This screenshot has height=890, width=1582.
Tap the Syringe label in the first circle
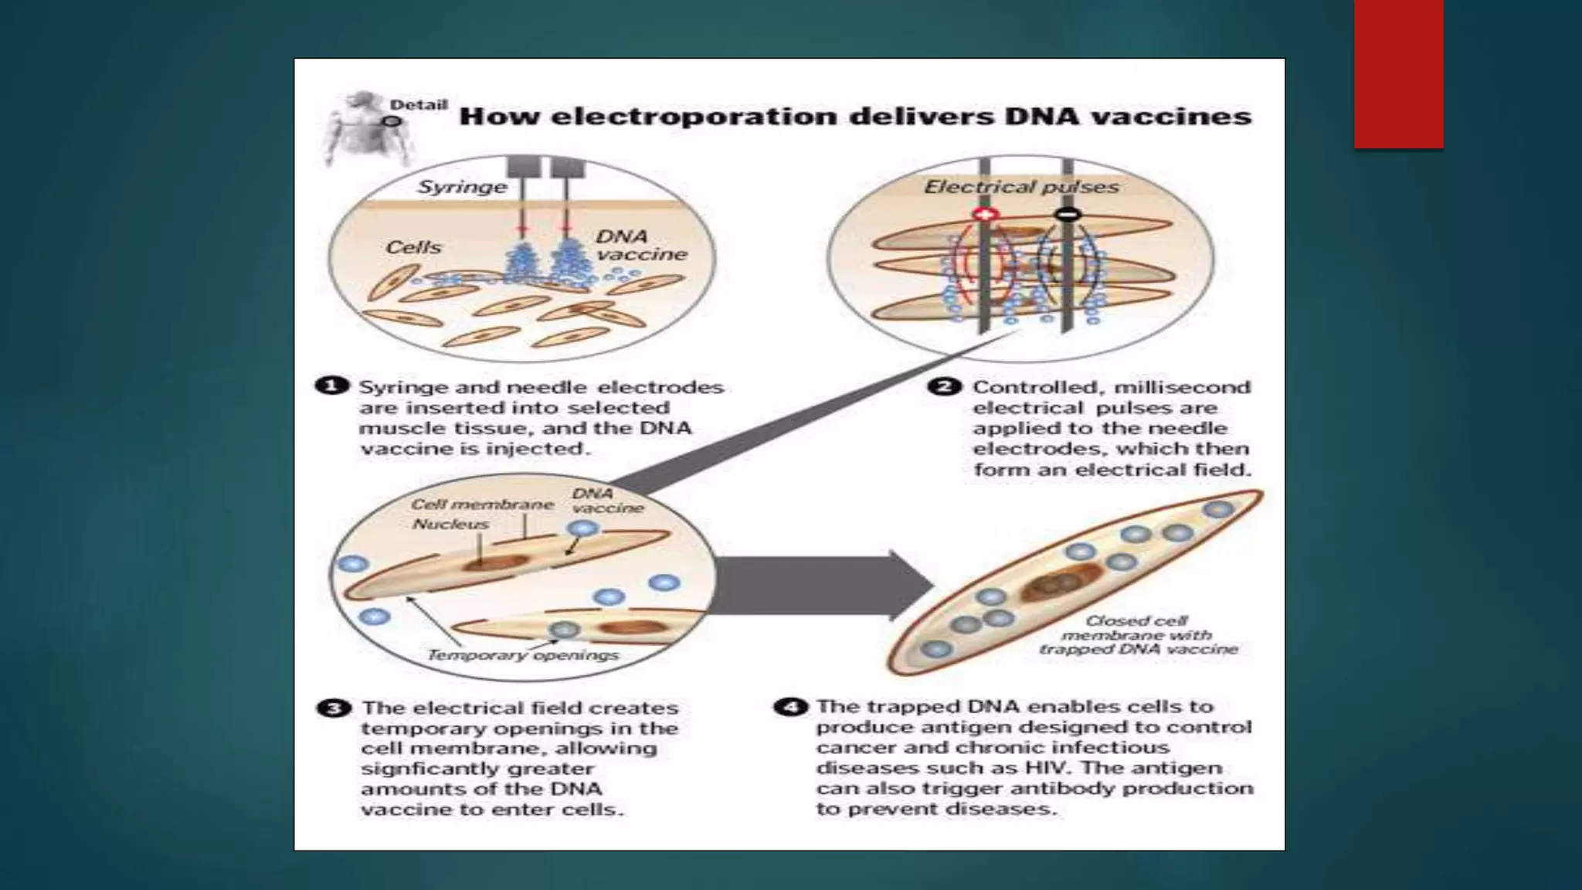pyautogui.click(x=462, y=187)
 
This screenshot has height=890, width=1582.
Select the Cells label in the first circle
pyautogui.click(x=413, y=247)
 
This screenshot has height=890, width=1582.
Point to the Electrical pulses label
pyautogui.click(x=1021, y=187)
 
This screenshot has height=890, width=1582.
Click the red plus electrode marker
pyautogui.click(x=985, y=213)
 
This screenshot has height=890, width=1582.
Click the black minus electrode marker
pyautogui.click(x=1068, y=213)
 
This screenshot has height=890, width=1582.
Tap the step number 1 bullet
pyautogui.click(x=331, y=386)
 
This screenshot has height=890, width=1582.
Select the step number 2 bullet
pyautogui.click(x=944, y=386)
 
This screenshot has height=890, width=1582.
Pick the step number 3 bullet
pyautogui.click(x=333, y=708)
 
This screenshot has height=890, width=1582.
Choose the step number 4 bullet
pyautogui.click(x=790, y=707)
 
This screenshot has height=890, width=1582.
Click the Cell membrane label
pyautogui.click(x=482, y=504)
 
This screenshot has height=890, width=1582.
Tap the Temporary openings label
pyautogui.click(x=523, y=655)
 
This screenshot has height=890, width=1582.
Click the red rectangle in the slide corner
pyautogui.click(x=1398, y=73)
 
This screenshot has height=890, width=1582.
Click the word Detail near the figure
pyautogui.click(x=418, y=105)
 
